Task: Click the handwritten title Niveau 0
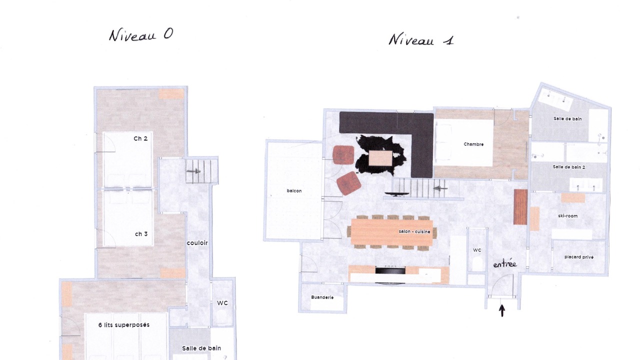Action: [x=141, y=35]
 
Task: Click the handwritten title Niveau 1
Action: [x=421, y=39]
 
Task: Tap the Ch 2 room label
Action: [x=140, y=138]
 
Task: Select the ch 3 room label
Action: [x=141, y=234]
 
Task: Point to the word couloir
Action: [x=197, y=243]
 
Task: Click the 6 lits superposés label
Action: [x=123, y=325]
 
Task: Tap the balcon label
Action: [x=294, y=191]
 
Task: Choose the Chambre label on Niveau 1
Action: [x=473, y=144]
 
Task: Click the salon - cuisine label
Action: [x=414, y=231]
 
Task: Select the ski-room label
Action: [x=567, y=216]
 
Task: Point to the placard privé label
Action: [x=579, y=257]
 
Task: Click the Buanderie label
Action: [x=322, y=297]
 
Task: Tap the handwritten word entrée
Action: [x=505, y=264]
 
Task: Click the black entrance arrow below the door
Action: [x=502, y=310]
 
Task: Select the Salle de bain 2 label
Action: [x=568, y=167]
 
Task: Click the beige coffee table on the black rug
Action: [x=380, y=158]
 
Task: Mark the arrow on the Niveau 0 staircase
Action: [x=193, y=171]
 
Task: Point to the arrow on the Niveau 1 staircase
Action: [x=440, y=188]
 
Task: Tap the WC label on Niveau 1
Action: [x=477, y=250]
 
